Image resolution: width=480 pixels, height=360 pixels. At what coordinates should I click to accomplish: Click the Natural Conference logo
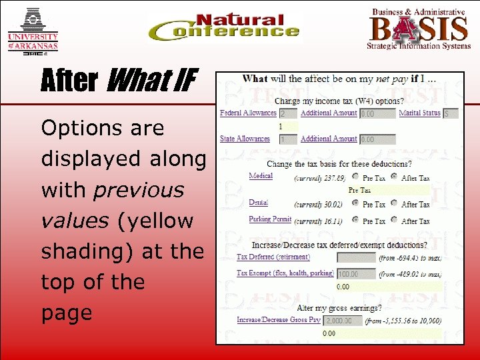click(224, 28)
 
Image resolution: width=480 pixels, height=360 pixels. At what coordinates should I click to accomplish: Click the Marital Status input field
click(451, 114)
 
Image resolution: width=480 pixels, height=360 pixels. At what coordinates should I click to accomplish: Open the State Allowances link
click(245, 139)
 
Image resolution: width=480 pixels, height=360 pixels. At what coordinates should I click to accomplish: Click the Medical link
click(261, 176)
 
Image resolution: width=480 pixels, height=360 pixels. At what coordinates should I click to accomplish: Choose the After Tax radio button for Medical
click(394, 177)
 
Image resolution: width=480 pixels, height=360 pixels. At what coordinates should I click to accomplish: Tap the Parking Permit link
click(270, 219)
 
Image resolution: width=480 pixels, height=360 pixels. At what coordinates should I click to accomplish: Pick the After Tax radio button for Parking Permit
click(394, 221)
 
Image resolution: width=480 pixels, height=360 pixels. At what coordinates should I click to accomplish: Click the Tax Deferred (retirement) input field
click(356, 257)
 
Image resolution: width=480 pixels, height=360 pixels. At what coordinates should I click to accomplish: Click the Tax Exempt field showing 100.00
click(356, 273)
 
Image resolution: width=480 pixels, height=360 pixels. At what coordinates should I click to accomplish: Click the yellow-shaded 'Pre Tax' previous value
click(359, 190)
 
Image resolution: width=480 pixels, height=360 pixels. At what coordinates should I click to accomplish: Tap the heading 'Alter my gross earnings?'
click(339, 308)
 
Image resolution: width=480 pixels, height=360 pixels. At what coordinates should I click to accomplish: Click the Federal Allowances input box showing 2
click(287, 114)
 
